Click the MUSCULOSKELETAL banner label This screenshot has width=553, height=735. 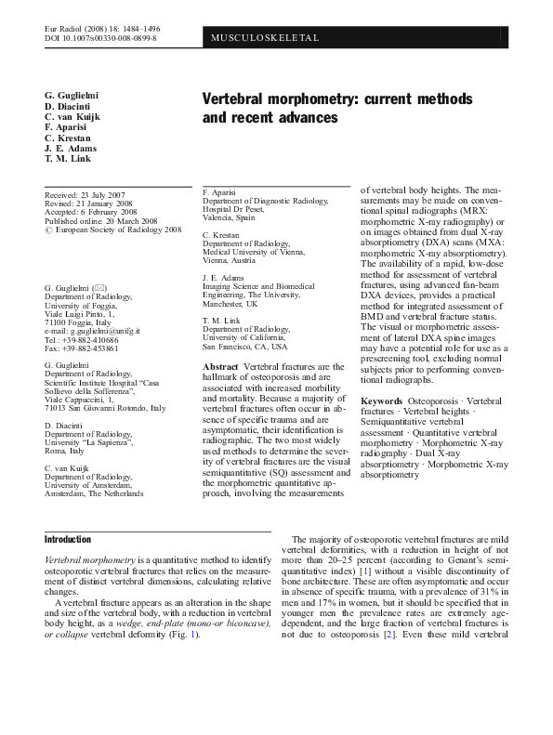pyautogui.click(x=266, y=38)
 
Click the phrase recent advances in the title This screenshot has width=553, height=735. pyautogui.click(x=278, y=119)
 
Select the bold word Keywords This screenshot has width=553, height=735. pyautogui.click(x=381, y=399)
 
